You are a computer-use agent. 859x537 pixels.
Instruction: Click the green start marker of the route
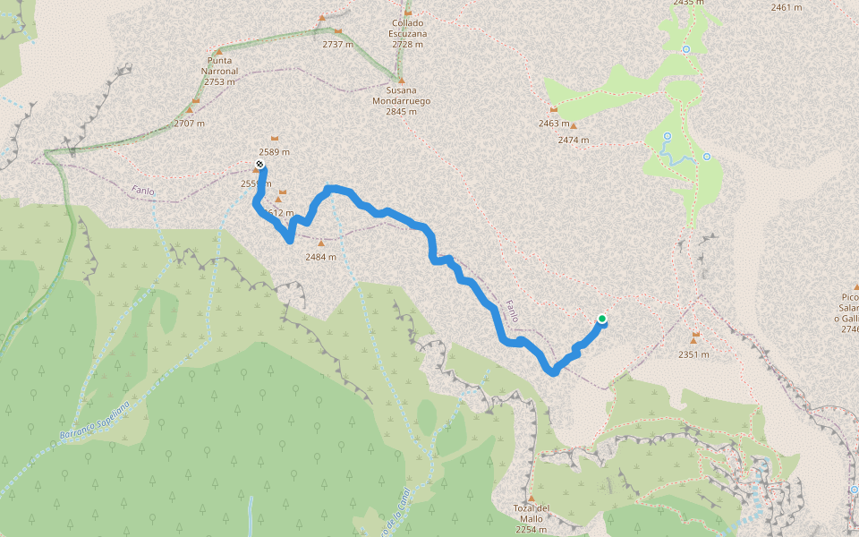click(x=602, y=319)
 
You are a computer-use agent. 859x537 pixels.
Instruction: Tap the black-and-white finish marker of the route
click(x=259, y=165)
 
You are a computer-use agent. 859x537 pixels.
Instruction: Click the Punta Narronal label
click(x=219, y=72)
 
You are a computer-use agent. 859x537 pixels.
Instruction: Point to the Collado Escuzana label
click(x=408, y=34)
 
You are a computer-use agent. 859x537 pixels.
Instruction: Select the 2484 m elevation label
click(x=320, y=257)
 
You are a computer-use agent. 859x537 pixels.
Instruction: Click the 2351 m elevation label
click(x=693, y=354)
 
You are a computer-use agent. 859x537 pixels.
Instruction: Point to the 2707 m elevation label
click(x=189, y=124)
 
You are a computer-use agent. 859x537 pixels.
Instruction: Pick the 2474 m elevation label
click(x=573, y=140)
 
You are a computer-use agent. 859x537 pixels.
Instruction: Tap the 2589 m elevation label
click(x=274, y=152)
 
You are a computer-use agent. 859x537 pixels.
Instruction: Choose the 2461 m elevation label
click(x=786, y=7)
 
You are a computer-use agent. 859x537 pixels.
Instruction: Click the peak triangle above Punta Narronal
click(x=218, y=52)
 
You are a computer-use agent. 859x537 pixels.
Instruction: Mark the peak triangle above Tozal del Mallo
click(x=531, y=499)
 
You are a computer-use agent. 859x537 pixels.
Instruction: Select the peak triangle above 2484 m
click(x=321, y=243)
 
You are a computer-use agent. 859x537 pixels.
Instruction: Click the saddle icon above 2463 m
click(x=554, y=109)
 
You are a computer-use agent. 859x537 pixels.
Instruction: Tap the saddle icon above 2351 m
click(x=694, y=336)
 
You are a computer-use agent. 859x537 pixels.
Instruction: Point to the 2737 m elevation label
click(x=338, y=43)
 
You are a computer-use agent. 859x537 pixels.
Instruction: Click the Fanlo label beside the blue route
click(x=511, y=311)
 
